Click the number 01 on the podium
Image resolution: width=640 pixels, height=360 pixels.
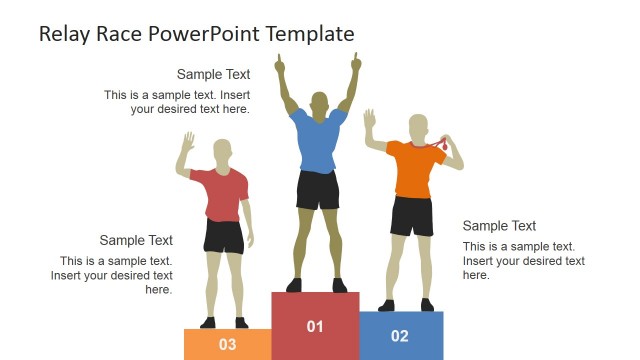[315, 326]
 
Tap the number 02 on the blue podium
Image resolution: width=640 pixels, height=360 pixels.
[400, 336]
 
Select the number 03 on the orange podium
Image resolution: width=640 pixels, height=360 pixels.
[227, 345]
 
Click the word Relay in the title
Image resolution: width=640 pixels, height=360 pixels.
[63, 34]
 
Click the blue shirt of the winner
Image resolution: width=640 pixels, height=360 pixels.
[318, 140]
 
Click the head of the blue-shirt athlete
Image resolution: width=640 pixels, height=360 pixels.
[319, 103]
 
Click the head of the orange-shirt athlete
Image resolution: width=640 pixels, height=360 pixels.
[419, 127]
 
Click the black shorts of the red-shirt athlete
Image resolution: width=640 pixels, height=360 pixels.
[224, 237]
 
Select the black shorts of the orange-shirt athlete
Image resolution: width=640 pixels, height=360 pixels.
[411, 215]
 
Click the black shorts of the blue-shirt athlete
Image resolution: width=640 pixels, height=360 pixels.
[318, 190]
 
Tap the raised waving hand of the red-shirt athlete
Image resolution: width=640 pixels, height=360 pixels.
[187, 141]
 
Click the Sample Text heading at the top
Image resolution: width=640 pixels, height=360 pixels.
[213, 74]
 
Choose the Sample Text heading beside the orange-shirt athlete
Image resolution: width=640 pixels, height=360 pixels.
[499, 226]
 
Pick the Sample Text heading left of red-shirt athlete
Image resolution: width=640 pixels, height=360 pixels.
[136, 240]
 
